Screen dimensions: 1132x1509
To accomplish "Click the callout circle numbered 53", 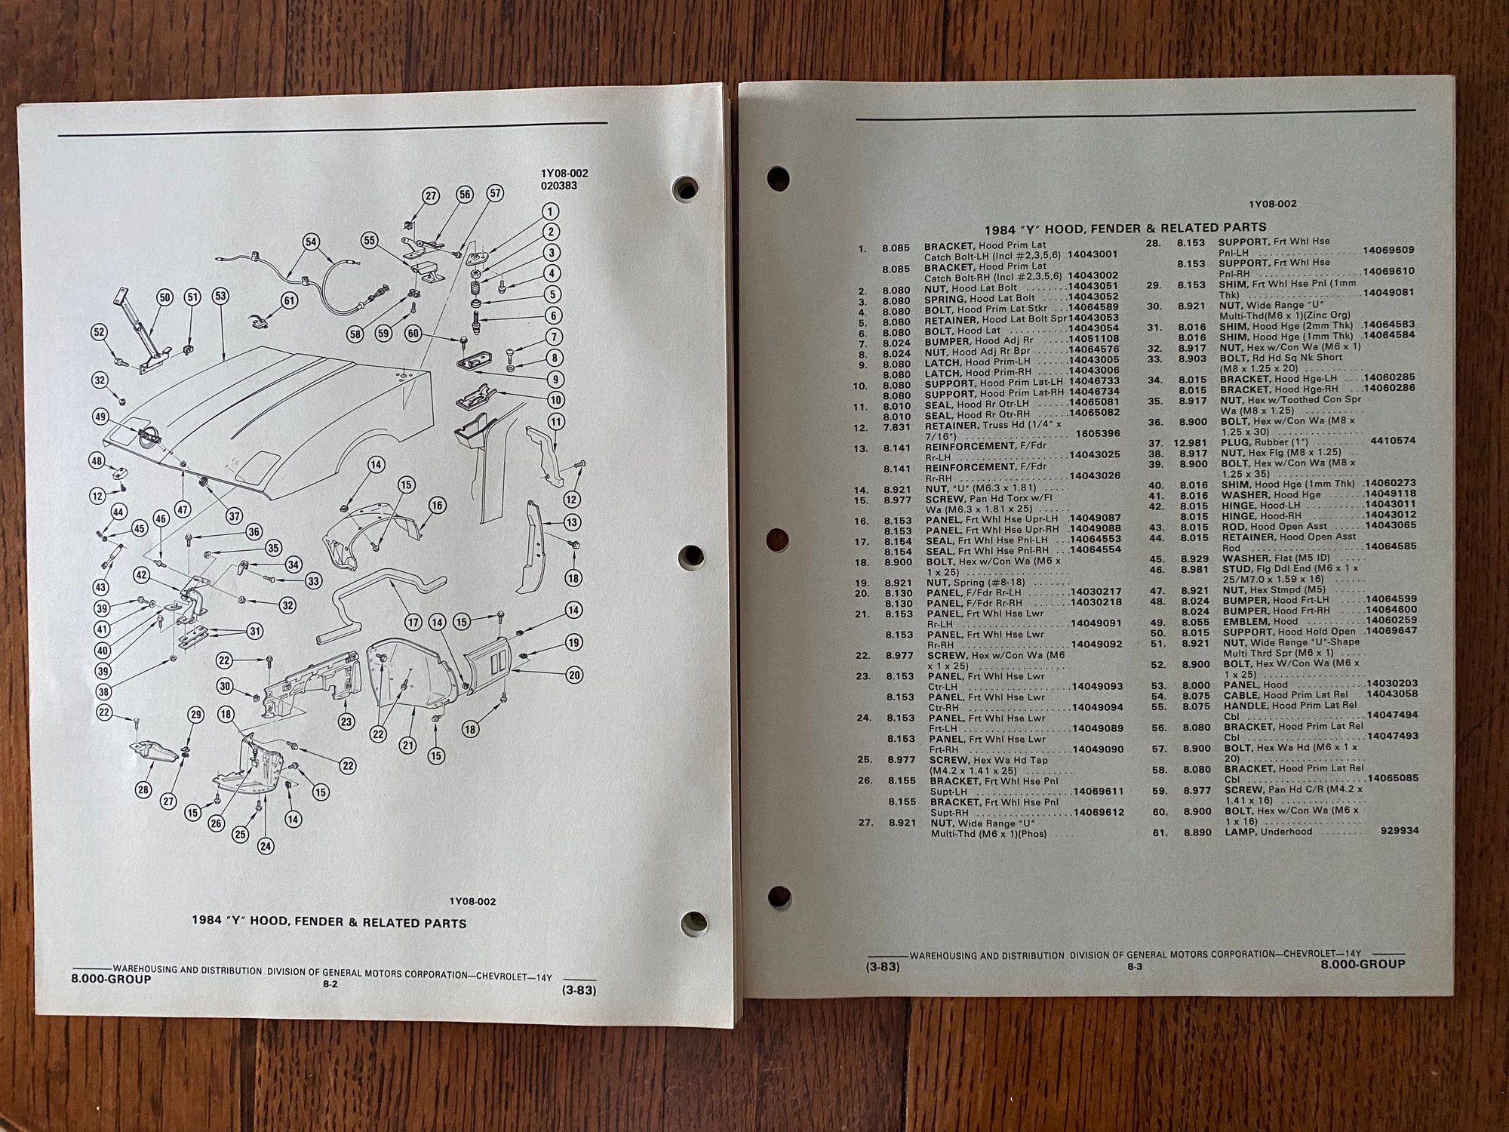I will [220, 297].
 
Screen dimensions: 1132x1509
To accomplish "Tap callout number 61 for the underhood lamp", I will [289, 300].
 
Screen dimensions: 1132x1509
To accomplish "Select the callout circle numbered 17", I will [413, 623].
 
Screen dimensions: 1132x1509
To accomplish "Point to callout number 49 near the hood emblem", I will [100, 417].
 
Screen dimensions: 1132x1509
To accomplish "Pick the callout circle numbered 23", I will [346, 721].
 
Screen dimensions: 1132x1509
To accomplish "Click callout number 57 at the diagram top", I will [495, 193].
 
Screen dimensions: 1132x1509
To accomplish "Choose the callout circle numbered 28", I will [144, 789].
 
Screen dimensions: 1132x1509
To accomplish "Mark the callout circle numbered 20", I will [574, 675].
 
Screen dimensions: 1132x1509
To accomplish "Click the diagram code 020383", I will [559, 185].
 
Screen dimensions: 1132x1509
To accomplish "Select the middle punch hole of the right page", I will [777, 539].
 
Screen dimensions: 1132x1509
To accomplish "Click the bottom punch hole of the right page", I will [779, 897].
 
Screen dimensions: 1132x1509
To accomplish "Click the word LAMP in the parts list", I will [1240, 832].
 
